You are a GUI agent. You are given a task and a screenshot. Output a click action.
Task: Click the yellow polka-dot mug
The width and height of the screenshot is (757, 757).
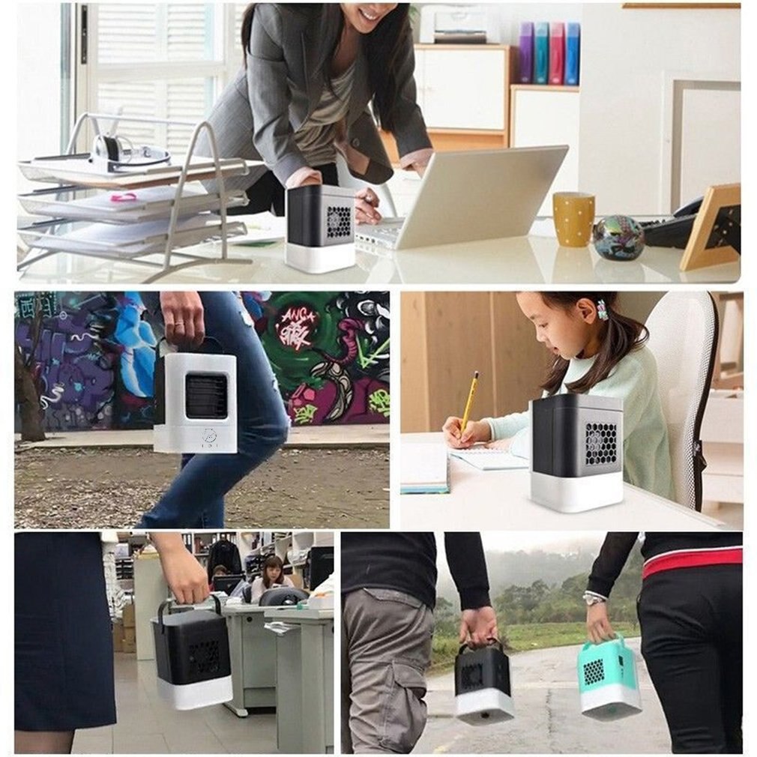click(573, 219)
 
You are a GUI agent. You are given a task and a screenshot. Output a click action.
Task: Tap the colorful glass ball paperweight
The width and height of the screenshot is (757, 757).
click(618, 238)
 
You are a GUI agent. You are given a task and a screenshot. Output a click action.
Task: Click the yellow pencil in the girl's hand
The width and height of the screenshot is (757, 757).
click(469, 401)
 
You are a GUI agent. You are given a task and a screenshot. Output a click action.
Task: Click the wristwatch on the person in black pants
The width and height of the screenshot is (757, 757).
click(595, 597)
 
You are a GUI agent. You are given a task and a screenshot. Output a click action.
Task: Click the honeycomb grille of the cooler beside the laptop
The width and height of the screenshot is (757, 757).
click(339, 222)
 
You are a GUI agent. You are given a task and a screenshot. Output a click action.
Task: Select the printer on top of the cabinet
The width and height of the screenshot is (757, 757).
click(459, 24)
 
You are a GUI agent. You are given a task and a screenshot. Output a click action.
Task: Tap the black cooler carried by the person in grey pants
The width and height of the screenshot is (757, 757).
click(484, 682)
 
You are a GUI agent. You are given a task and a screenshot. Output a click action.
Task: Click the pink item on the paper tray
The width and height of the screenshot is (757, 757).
click(124, 197)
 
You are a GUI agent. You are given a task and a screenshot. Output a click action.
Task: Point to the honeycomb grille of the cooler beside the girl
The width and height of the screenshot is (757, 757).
click(600, 442)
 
